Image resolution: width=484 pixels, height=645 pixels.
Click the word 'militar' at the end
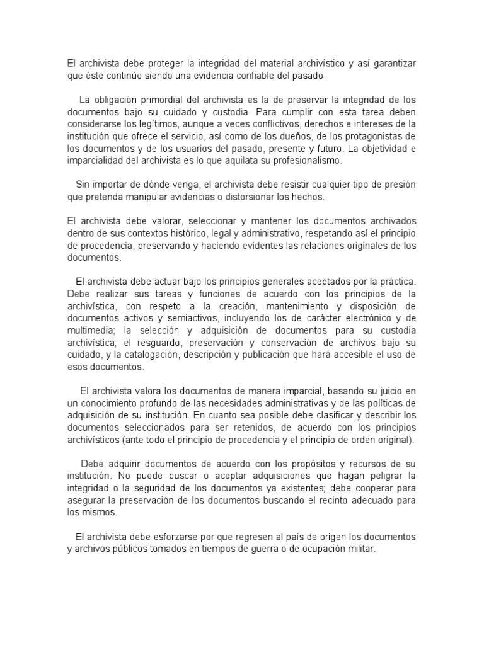(360, 549)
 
